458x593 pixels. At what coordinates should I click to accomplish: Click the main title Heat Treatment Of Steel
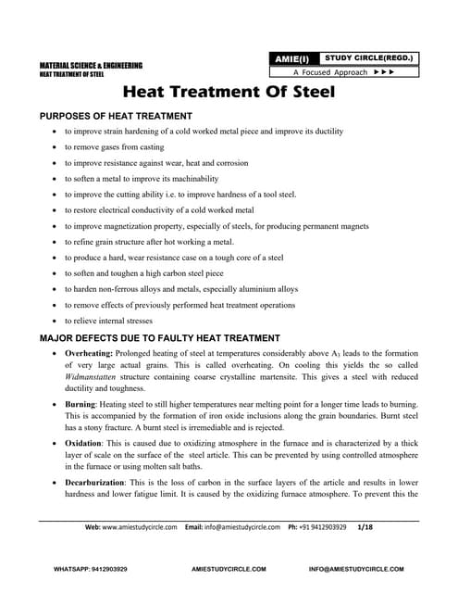click(x=229, y=94)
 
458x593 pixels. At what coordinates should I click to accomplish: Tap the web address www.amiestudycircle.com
click(x=140, y=527)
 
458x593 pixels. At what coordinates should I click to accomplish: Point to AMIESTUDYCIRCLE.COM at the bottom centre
click(x=229, y=567)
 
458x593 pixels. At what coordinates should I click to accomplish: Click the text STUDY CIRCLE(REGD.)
click(x=369, y=58)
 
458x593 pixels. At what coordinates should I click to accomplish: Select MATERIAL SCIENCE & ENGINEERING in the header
click(x=91, y=65)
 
